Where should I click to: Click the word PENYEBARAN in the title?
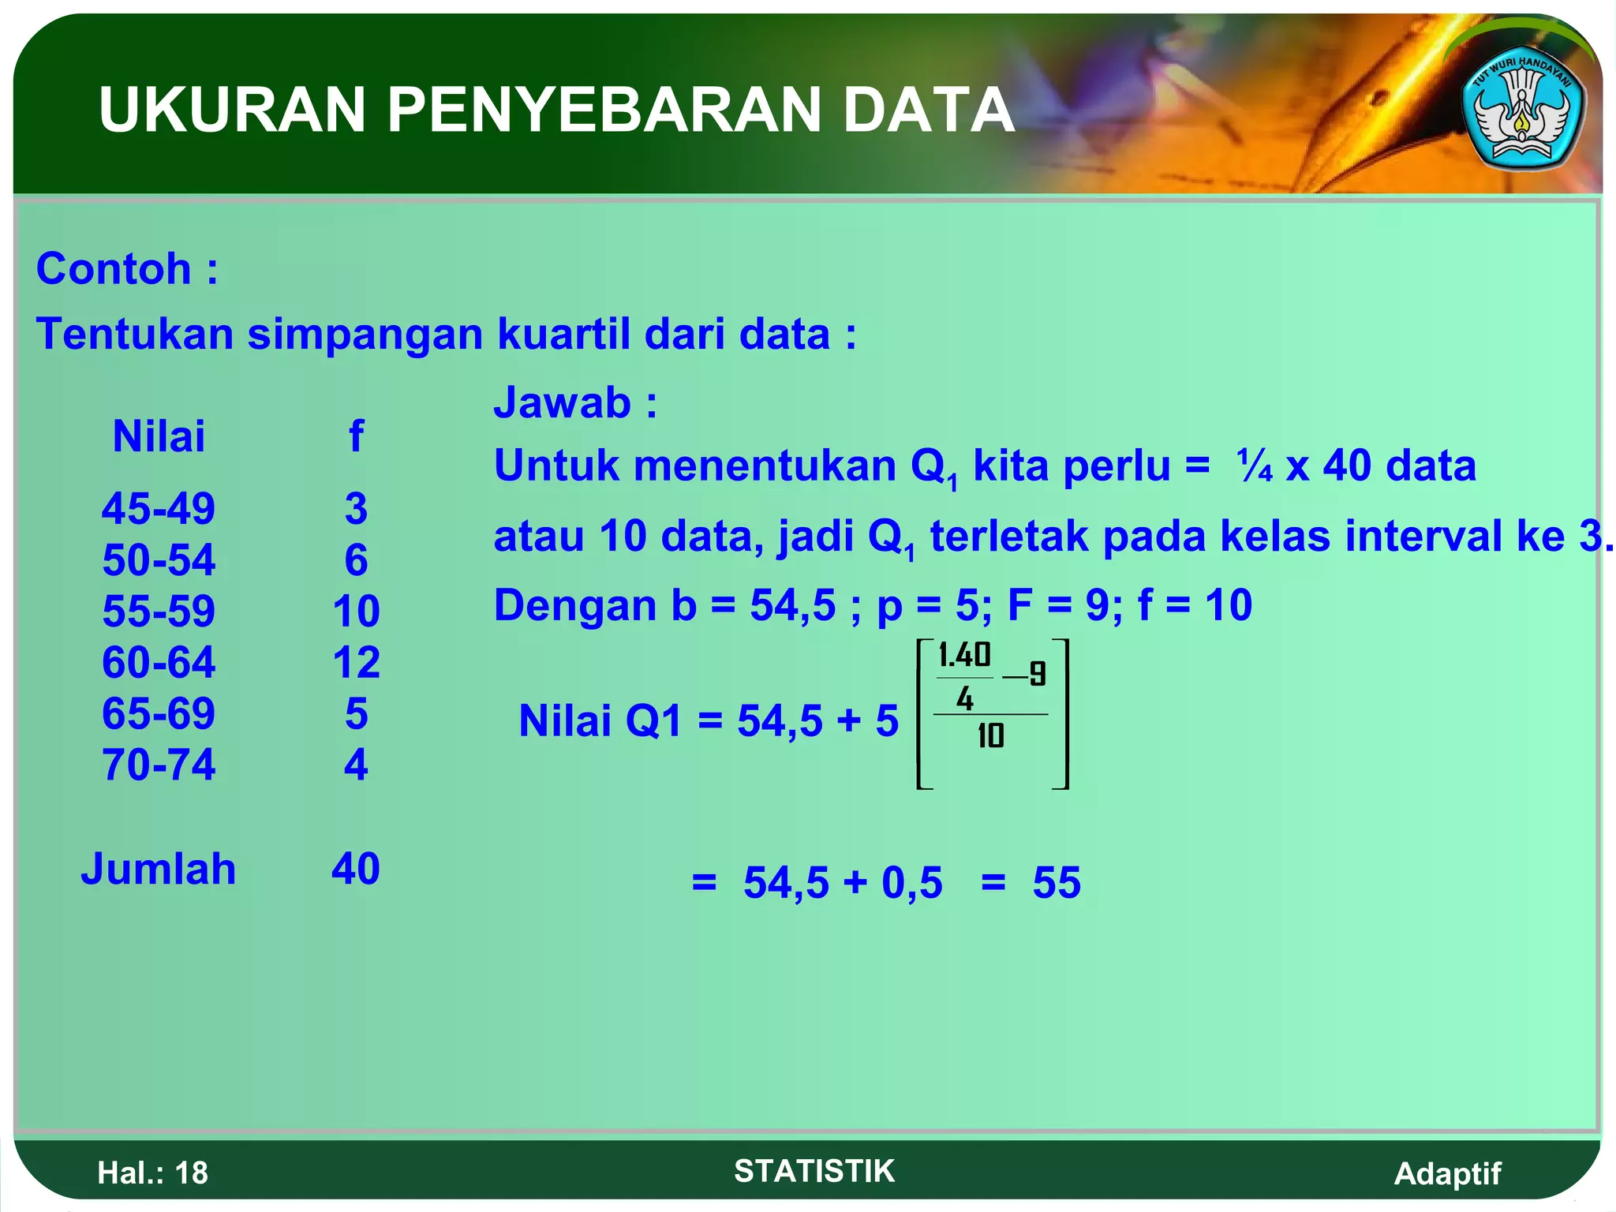(x=606, y=110)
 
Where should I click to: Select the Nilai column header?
(x=159, y=436)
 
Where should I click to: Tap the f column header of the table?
(x=356, y=436)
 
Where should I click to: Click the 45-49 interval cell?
(x=159, y=508)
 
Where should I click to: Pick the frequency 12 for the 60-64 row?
(x=356, y=662)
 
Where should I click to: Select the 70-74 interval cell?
(x=159, y=765)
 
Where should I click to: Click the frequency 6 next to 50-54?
(x=356, y=559)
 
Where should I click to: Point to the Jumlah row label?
(x=159, y=869)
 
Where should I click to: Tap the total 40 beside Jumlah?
(x=356, y=869)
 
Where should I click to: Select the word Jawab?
(x=563, y=402)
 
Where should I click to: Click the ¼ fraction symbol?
(x=1254, y=466)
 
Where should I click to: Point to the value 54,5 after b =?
(x=791, y=605)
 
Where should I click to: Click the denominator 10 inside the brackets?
(x=990, y=736)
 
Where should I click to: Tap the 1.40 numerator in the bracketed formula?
(x=964, y=656)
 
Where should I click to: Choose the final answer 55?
(x=1057, y=882)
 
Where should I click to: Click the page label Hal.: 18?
(x=152, y=1173)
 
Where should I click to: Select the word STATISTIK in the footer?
(x=814, y=1171)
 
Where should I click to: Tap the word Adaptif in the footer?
(x=1447, y=1173)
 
